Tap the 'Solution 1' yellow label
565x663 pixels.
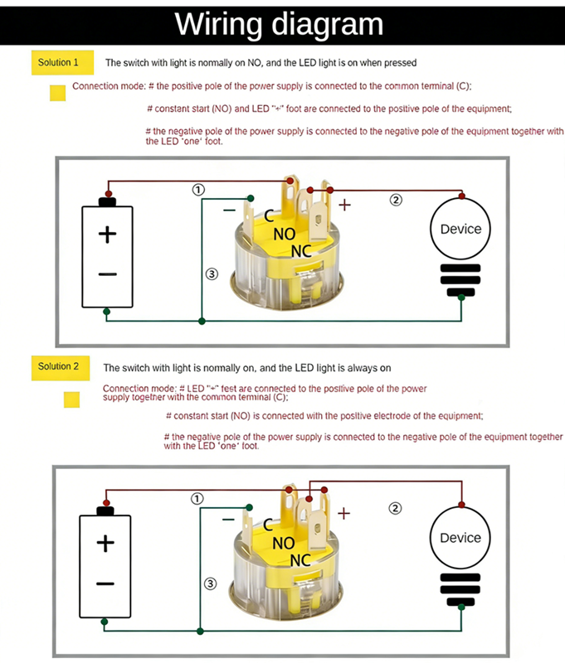pyautogui.click(x=59, y=62)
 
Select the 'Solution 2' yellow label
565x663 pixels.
pyautogui.click(x=59, y=366)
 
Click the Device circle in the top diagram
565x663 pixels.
pyautogui.click(x=460, y=229)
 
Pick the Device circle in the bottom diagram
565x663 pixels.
pyautogui.click(x=460, y=538)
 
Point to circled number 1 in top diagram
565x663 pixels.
pyautogui.click(x=198, y=190)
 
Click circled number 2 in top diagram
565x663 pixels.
pyautogui.click(x=396, y=200)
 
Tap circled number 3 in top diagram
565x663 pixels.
pyautogui.click(x=211, y=274)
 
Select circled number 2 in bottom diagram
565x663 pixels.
pyautogui.click(x=396, y=508)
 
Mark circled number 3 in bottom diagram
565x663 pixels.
pyautogui.click(x=211, y=584)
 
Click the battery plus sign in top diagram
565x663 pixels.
pyautogui.click(x=107, y=235)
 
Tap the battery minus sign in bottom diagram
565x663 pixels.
pyautogui.click(x=105, y=583)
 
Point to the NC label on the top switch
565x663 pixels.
pyautogui.click(x=302, y=250)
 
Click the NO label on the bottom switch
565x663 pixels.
pyautogui.click(x=284, y=543)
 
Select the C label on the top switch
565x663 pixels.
pyautogui.click(x=269, y=215)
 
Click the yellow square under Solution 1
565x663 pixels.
pyautogui.click(x=58, y=93)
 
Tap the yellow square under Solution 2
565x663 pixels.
pyautogui.click(x=72, y=400)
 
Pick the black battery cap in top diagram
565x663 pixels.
pyautogui.click(x=107, y=201)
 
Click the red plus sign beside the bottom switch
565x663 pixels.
pyautogui.click(x=343, y=514)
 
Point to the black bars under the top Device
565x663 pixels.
pyautogui.click(x=460, y=281)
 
